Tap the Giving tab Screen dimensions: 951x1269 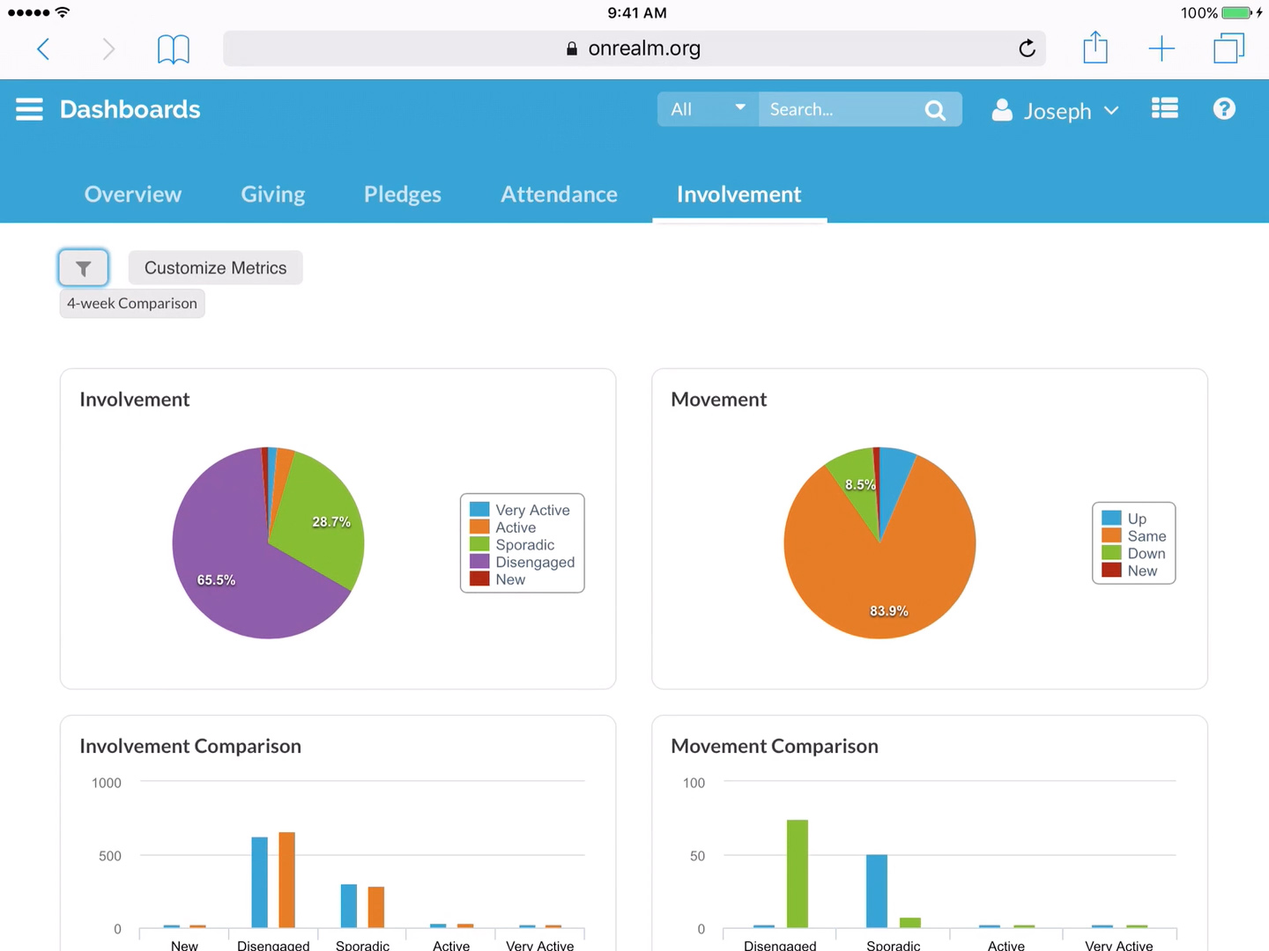(x=273, y=195)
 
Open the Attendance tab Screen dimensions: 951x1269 (x=559, y=195)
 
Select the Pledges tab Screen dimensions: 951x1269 (x=403, y=195)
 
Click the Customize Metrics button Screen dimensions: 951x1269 (x=215, y=268)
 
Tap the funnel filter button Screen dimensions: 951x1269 (x=84, y=268)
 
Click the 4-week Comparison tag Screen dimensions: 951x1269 (x=132, y=304)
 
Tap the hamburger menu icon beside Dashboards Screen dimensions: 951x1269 (x=29, y=109)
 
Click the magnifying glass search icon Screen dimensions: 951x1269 (x=935, y=110)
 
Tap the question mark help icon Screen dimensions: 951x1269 (x=1224, y=108)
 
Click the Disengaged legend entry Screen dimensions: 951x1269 (x=534, y=562)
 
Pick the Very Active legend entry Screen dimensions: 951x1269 (x=531, y=510)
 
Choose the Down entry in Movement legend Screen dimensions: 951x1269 (x=1146, y=553)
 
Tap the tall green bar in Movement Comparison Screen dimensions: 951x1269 (x=797, y=873)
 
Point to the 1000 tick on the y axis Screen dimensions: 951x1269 (x=107, y=783)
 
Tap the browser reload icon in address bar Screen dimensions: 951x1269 (x=1027, y=48)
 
